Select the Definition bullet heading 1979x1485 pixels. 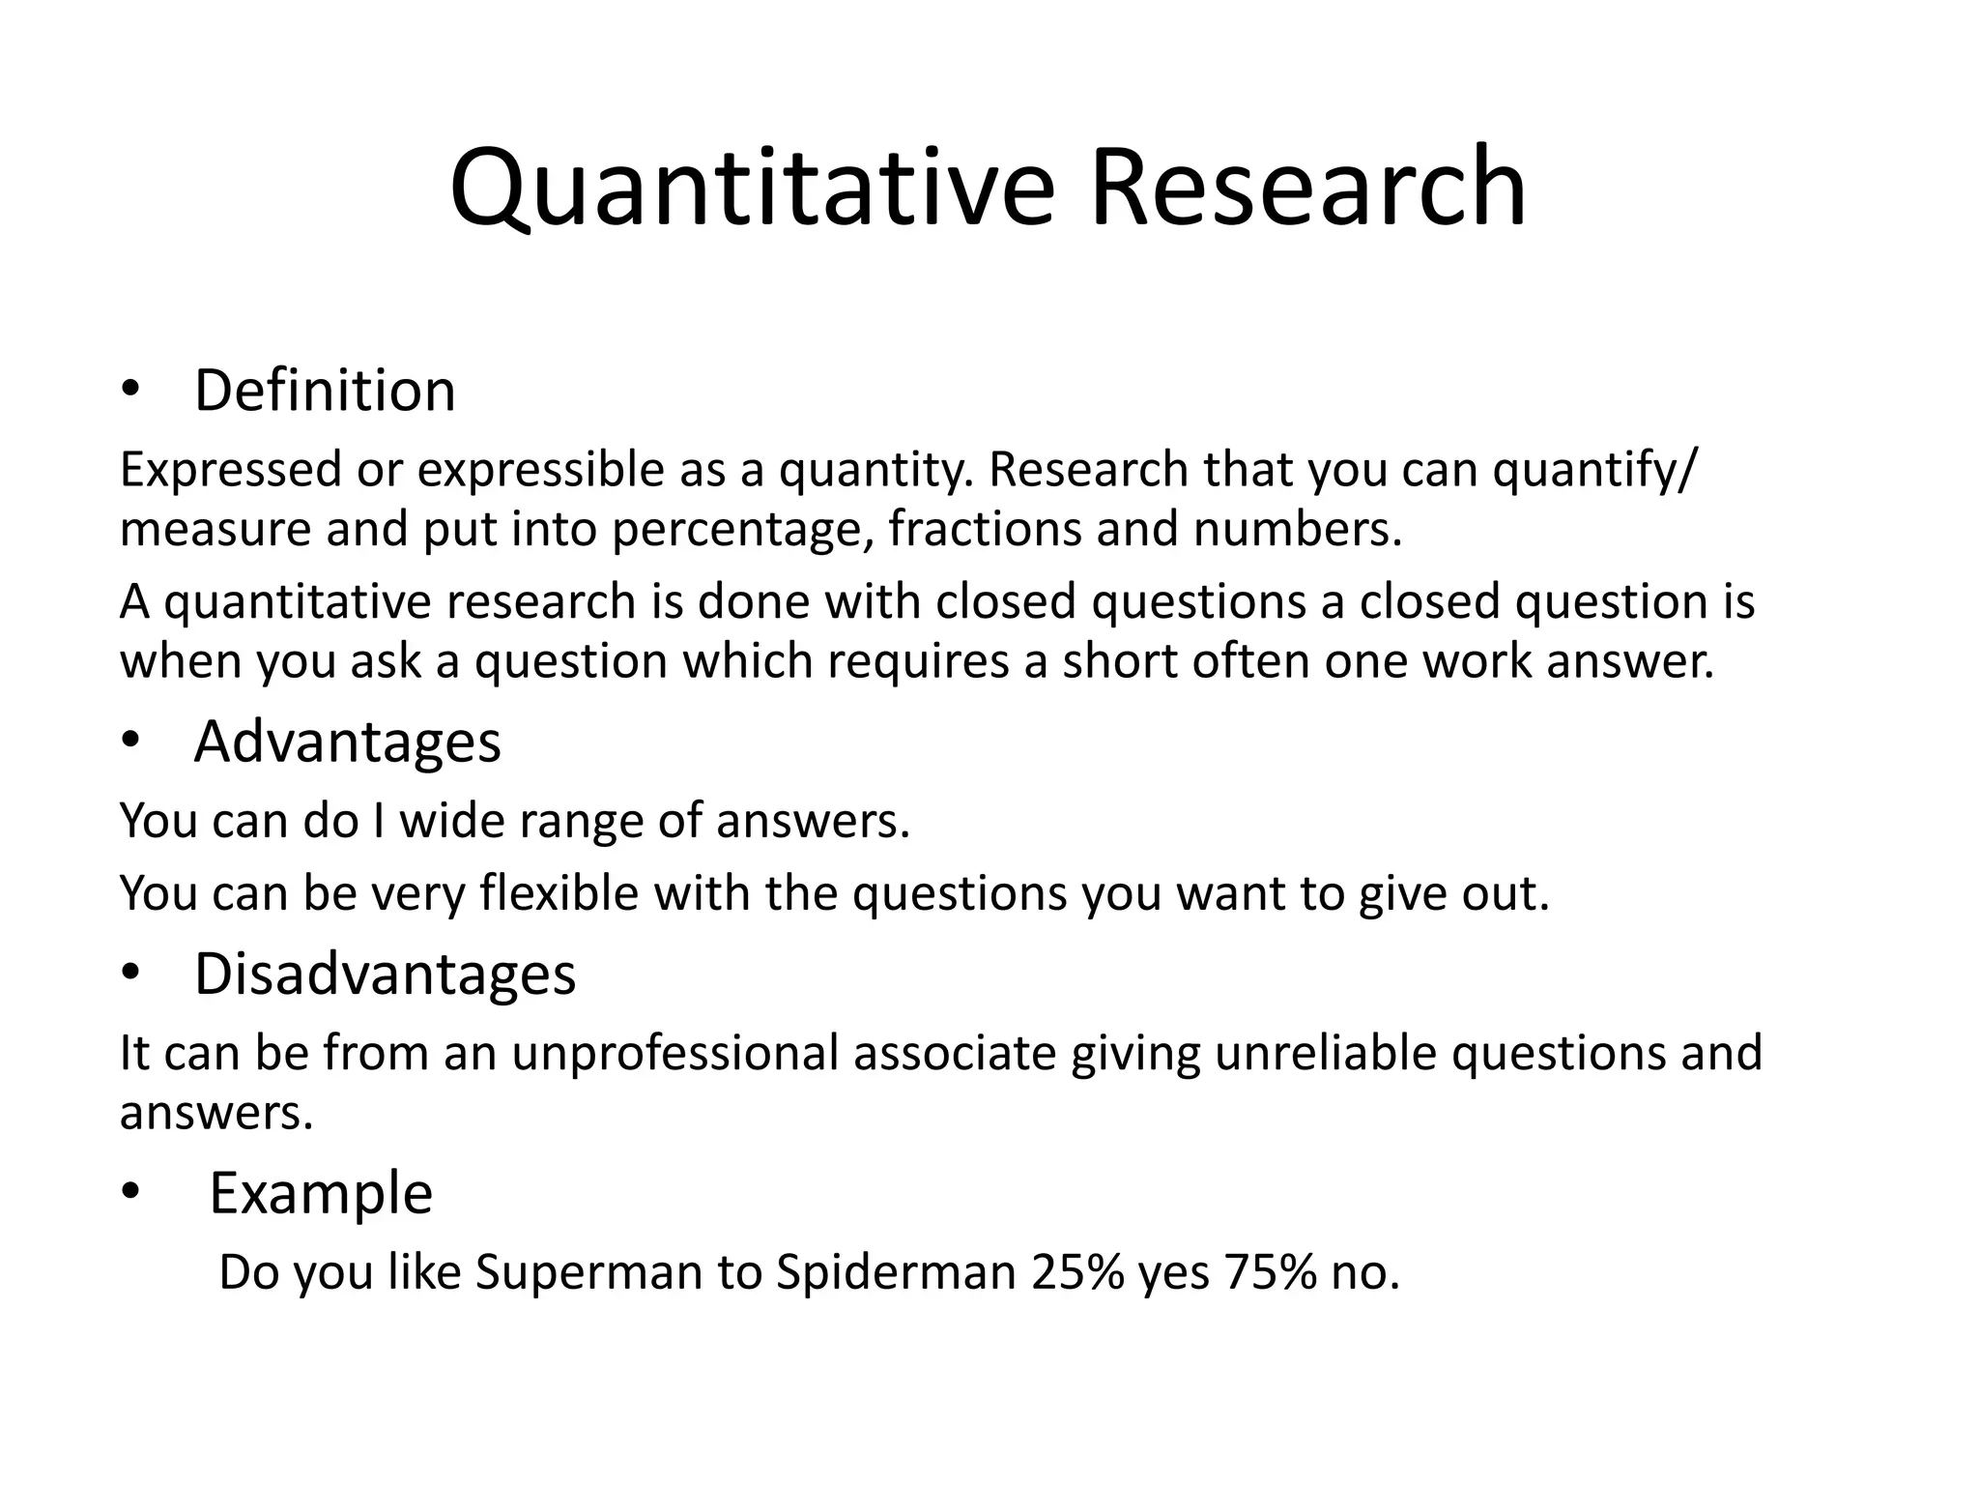tap(325, 391)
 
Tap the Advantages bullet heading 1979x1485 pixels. tap(347, 742)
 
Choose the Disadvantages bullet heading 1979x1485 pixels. tap(385, 974)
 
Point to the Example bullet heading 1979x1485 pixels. tap(321, 1193)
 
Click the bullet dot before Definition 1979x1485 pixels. tap(130, 392)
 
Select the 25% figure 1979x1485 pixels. tap(1076, 1272)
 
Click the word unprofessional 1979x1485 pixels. tap(674, 1053)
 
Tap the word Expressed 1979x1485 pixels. tap(231, 471)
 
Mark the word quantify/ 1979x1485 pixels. tap(1592, 471)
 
